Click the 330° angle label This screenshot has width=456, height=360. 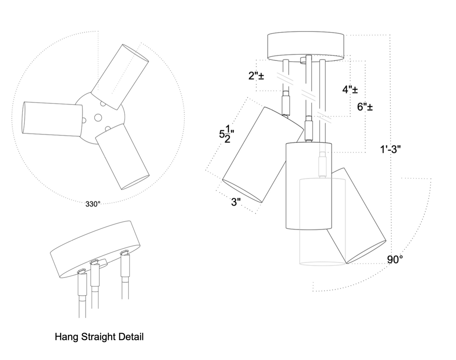point(93,204)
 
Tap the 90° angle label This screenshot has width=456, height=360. point(395,260)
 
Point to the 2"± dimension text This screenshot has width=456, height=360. point(256,76)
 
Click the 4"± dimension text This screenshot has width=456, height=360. point(350,90)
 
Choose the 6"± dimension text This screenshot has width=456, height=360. point(365,107)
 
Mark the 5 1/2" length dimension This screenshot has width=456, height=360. point(226,136)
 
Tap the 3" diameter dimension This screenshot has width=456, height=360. point(237,202)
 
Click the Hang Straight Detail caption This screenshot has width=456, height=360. point(99,337)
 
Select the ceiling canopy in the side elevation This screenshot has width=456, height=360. point(306,46)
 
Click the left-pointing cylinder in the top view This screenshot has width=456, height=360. point(51,118)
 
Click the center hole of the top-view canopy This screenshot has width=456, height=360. point(98,117)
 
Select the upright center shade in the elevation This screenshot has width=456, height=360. point(309,186)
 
